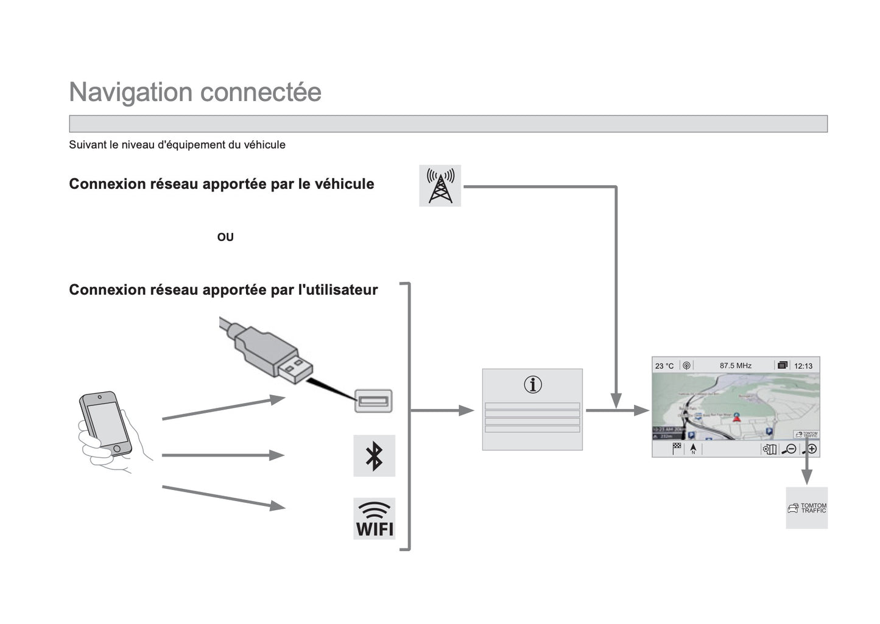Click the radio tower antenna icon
point(440,186)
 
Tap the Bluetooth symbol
point(374,455)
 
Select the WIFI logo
point(374,519)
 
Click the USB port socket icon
point(373,401)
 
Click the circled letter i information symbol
point(532,385)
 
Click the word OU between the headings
point(225,237)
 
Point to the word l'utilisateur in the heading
point(338,290)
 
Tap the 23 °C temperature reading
point(664,366)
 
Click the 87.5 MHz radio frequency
point(736,366)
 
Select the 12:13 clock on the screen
point(803,366)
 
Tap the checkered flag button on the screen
point(677,449)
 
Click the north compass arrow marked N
point(693,449)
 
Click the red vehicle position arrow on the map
point(737,418)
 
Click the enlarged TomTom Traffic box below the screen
point(807,508)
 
